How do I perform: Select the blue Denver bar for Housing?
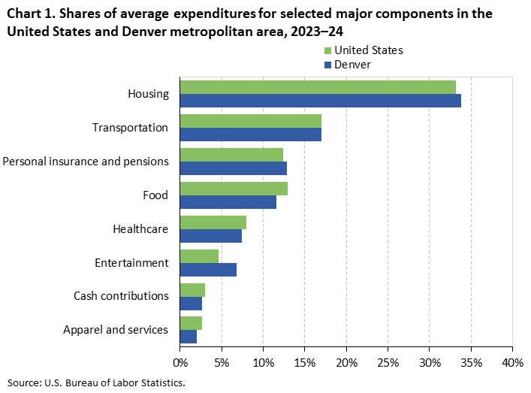point(320,101)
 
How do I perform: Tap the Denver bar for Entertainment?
point(208,270)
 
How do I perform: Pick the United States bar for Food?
point(234,189)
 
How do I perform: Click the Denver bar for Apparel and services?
point(189,337)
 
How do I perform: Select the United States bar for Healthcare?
point(213,222)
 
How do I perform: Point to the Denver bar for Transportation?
point(251,135)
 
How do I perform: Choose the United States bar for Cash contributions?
point(192,290)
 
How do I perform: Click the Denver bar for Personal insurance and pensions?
point(234,168)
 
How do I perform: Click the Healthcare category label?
point(140,229)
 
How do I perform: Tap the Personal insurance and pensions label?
point(86,161)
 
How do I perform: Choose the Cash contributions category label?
point(121,296)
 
